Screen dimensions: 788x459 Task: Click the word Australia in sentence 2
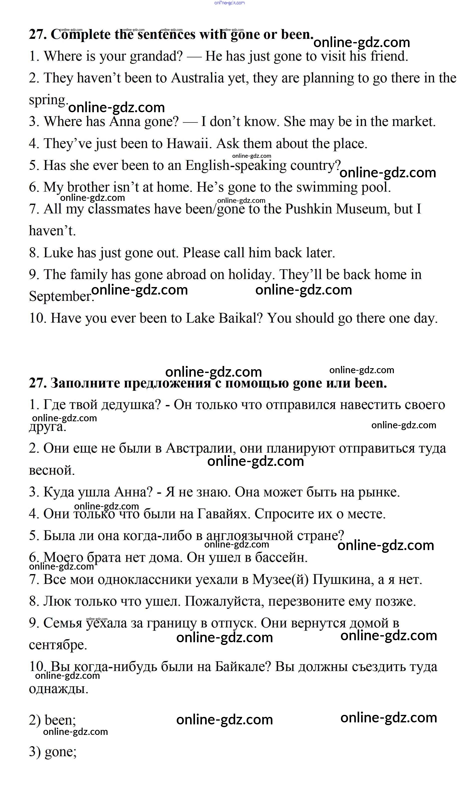(x=197, y=78)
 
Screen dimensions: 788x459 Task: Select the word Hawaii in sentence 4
(x=187, y=144)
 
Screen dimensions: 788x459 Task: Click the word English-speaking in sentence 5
(x=236, y=165)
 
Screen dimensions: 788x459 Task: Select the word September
(x=61, y=296)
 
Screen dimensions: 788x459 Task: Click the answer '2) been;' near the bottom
(x=53, y=720)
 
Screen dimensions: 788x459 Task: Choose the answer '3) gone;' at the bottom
(x=53, y=752)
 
